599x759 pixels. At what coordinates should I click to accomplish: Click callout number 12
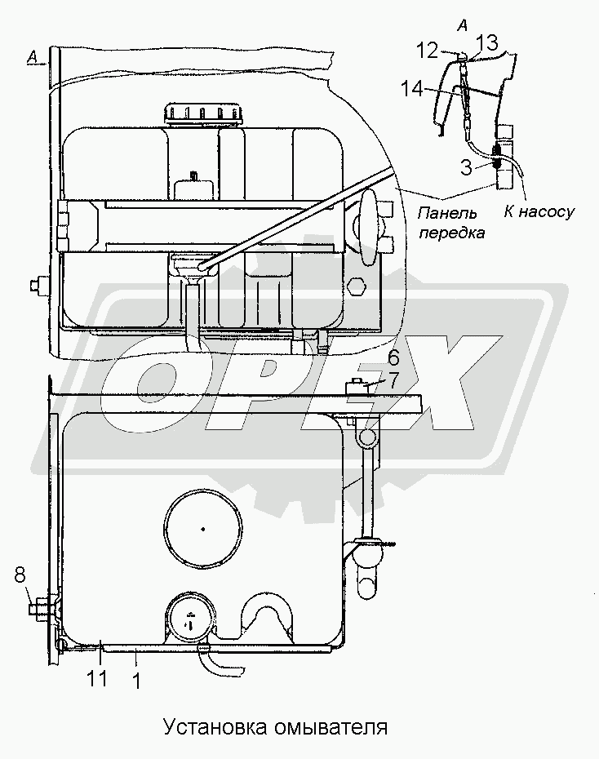(x=428, y=51)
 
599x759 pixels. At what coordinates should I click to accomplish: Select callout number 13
(x=488, y=43)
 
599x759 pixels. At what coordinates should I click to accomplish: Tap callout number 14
(x=412, y=89)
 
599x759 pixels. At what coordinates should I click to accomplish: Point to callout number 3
(x=465, y=167)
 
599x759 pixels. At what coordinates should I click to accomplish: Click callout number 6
(x=393, y=358)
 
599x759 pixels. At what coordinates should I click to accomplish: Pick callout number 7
(x=393, y=380)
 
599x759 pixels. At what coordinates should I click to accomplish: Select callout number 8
(x=20, y=577)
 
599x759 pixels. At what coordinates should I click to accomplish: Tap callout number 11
(x=97, y=679)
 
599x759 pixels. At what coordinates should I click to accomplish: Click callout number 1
(x=136, y=681)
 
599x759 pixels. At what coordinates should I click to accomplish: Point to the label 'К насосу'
(x=539, y=211)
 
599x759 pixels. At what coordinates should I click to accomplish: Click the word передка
(x=451, y=233)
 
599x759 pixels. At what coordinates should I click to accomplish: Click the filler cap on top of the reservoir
(x=202, y=113)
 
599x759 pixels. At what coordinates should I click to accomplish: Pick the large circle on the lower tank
(x=202, y=529)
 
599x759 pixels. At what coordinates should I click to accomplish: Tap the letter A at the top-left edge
(x=32, y=58)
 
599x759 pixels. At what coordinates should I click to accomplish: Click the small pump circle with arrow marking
(x=189, y=619)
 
